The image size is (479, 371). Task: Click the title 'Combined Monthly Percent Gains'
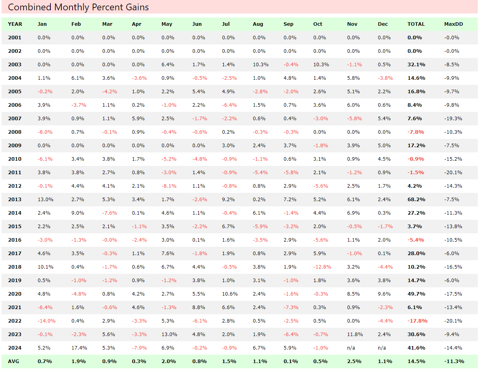[x=78, y=7]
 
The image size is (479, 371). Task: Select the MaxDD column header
[x=453, y=24]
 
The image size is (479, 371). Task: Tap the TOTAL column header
[x=416, y=24]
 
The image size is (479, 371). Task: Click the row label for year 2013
[x=15, y=200]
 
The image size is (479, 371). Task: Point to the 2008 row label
[x=15, y=132]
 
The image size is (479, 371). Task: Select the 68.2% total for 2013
[x=416, y=200]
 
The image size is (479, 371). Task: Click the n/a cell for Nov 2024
[x=351, y=348]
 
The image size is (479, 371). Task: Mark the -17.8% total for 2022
[x=416, y=321]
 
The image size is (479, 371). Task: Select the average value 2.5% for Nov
[x=353, y=361]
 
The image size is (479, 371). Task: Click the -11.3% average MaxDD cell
[x=454, y=361]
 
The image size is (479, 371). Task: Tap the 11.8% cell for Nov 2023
[x=355, y=334]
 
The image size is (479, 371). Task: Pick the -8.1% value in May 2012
[x=169, y=186]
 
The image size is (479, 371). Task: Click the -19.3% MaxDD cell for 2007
[x=453, y=119]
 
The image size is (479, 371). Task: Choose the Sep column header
[x=289, y=24]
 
